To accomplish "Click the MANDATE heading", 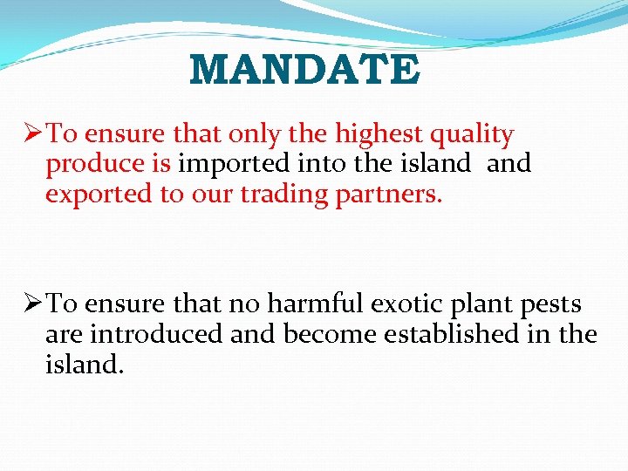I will coord(304,70).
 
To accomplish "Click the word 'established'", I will coord(434,334).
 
